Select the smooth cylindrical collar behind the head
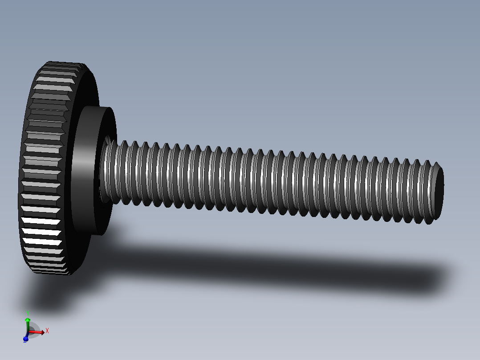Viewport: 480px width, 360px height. click(85, 169)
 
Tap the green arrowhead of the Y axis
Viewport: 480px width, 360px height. click(28, 320)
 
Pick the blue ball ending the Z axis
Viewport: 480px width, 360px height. click(25, 340)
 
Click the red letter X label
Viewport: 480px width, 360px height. click(47, 331)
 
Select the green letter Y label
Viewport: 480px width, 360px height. click(28, 313)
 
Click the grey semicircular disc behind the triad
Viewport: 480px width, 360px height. click(35, 329)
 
